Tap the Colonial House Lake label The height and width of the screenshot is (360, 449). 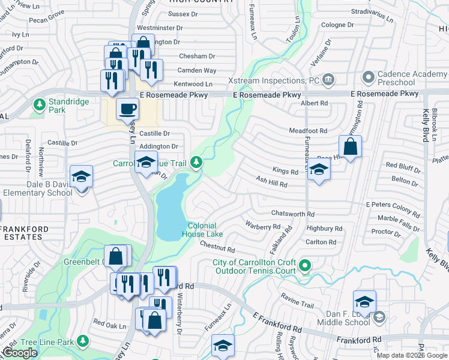202,229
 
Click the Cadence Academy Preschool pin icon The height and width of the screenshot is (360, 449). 368,77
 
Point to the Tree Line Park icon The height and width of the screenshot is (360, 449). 83,342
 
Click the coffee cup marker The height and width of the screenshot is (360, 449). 127,109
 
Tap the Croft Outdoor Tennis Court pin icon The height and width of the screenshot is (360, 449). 306,265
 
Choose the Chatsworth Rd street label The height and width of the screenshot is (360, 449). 293,214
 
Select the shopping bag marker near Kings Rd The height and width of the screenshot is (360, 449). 350,146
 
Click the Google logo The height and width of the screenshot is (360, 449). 20,353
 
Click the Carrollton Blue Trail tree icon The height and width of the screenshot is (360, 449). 196,162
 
